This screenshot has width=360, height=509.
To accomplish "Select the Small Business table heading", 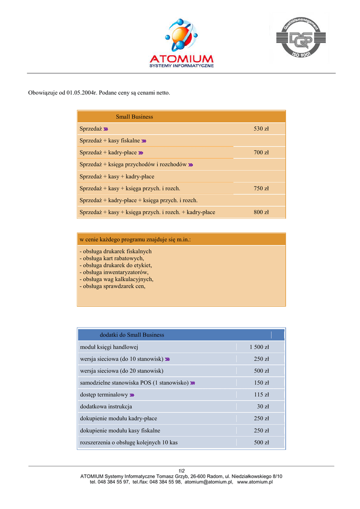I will [134, 117].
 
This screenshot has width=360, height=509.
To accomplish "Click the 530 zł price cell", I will [261, 129].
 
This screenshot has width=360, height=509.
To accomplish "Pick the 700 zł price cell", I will [261, 153].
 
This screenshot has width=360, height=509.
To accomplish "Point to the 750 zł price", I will [261, 188].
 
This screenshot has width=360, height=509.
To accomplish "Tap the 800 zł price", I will [261, 212].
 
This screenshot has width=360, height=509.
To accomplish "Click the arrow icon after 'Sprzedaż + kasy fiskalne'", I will [144, 141].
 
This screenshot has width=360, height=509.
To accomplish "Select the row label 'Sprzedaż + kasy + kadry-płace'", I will [117, 176].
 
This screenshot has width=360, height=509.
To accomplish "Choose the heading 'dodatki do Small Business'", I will [132, 335].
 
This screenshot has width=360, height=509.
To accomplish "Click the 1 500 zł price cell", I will [259, 347].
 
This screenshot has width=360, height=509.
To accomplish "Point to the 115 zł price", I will [261, 395].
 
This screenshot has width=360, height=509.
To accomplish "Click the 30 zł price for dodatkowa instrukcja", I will [263, 407].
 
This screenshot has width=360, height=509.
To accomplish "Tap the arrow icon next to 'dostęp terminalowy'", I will [132, 395].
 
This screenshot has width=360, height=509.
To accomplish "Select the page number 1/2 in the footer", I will [181, 471].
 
